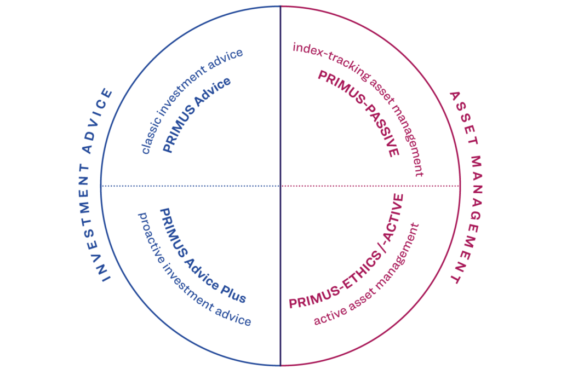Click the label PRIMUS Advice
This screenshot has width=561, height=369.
pyautogui.click(x=196, y=114)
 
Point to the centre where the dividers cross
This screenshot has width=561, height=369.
pyautogui.click(x=280, y=186)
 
